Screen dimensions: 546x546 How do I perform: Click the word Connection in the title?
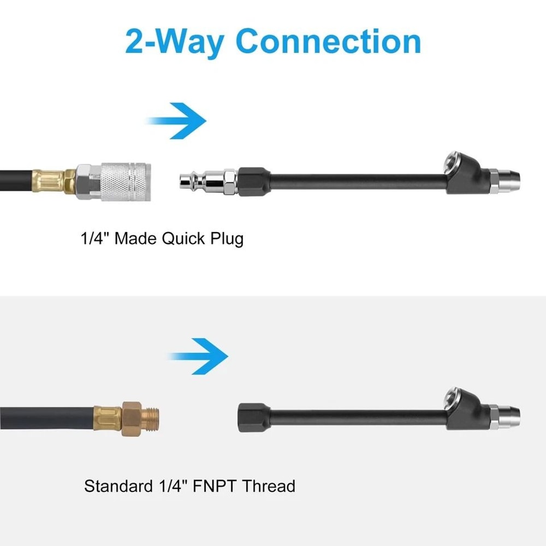(328, 41)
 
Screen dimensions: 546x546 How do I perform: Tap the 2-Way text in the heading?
(174, 43)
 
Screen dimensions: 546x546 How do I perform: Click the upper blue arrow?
(176, 121)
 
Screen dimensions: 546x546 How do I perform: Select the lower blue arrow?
(199, 356)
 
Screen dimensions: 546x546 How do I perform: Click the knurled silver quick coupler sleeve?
(126, 182)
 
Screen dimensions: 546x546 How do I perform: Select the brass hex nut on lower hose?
(132, 419)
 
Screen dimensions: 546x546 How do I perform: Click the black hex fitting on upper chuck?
(253, 181)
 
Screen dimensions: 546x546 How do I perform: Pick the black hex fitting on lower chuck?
(253, 417)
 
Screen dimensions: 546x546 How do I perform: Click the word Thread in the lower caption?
(269, 486)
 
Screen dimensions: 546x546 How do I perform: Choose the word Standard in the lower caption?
(118, 486)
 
